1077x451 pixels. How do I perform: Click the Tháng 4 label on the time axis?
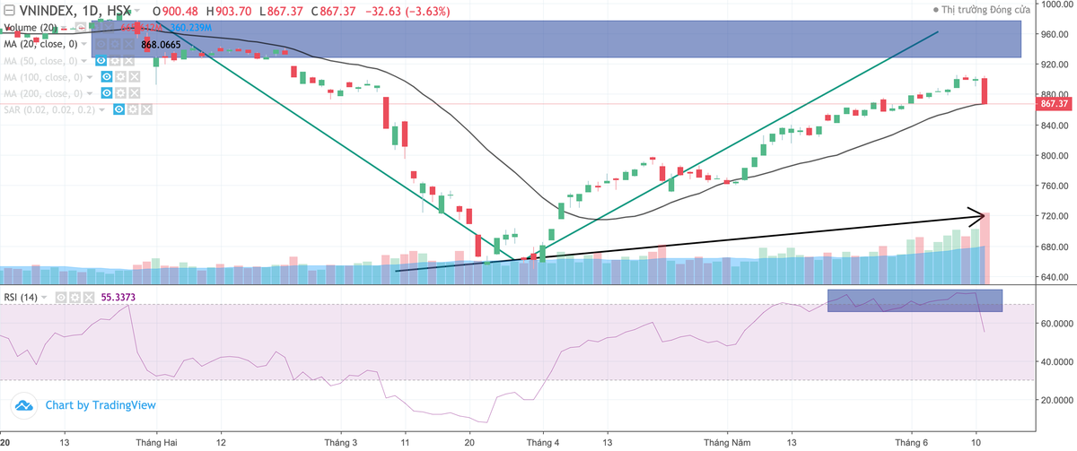[543, 443]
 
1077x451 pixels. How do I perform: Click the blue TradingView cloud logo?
[24, 405]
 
